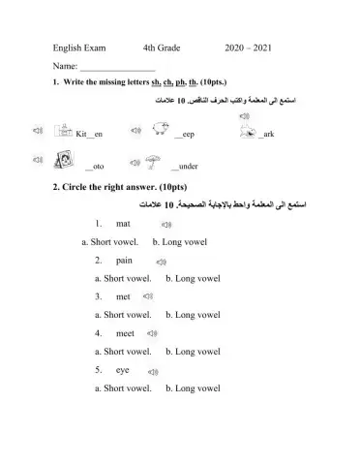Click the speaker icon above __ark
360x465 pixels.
click(244, 117)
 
